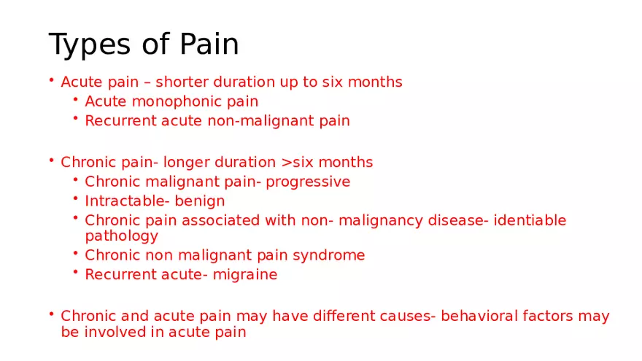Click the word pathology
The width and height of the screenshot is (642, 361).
pyautogui.click(x=121, y=236)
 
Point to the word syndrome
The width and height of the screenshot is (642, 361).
pyautogui.click(x=330, y=255)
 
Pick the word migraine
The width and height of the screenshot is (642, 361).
pyautogui.click(x=245, y=275)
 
